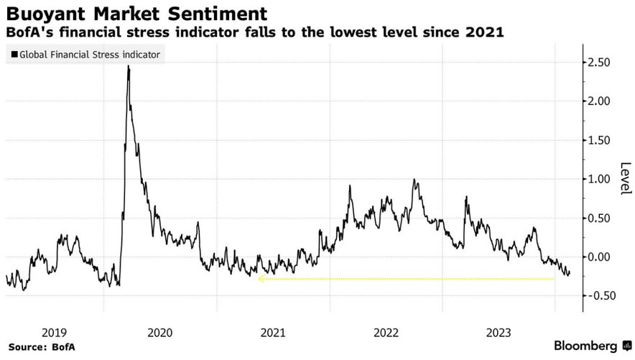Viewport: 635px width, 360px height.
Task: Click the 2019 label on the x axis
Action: coord(54,332)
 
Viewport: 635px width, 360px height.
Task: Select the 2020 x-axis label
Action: coord(159,332)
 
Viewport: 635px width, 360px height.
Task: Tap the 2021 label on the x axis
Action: coord(273,332)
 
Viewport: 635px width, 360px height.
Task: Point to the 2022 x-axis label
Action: coord(386,332)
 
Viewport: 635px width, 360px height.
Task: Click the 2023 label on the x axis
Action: coord(499,332)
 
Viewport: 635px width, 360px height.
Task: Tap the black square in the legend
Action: coord(14,54)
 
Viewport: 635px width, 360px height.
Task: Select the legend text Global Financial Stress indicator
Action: coord(90,54)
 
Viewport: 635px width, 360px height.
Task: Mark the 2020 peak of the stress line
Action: coord(129,66)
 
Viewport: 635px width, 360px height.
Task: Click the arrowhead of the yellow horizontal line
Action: coord(260,279)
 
